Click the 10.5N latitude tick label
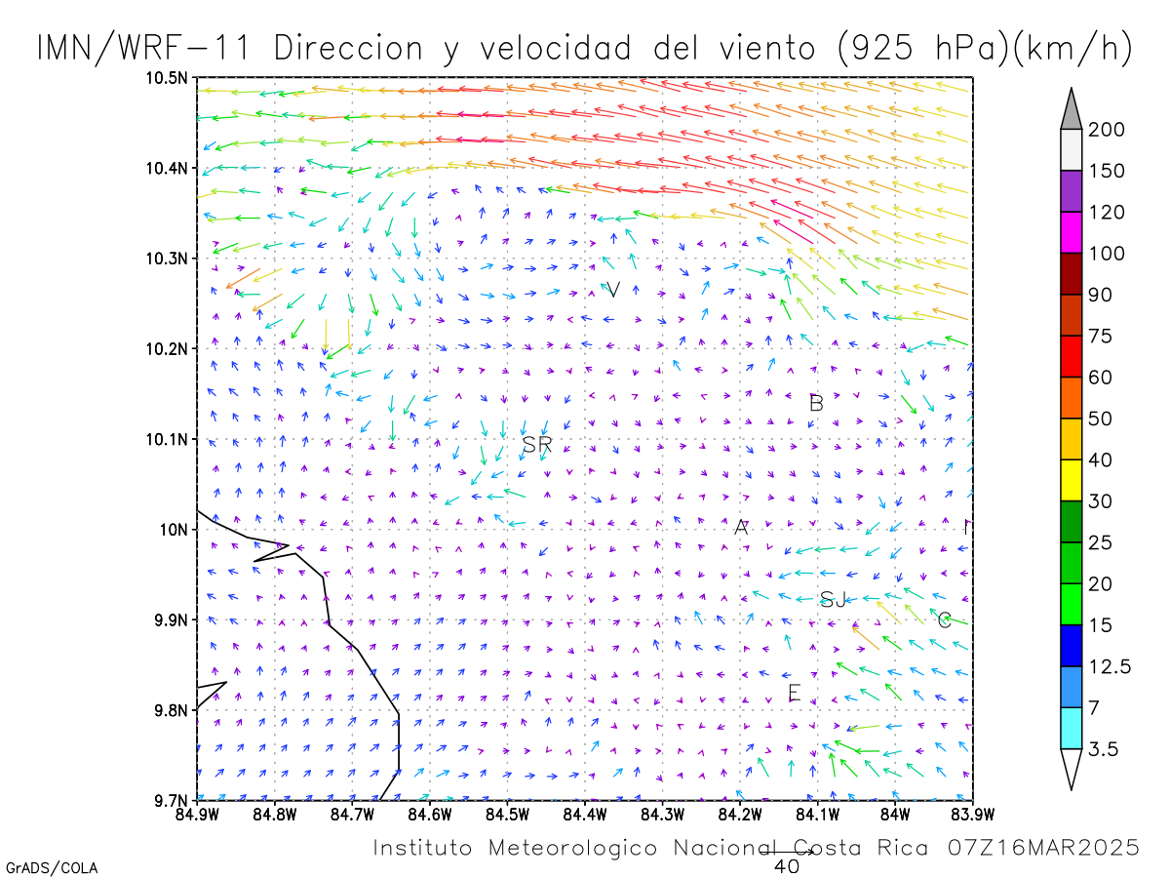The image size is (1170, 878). [x=167, y=78]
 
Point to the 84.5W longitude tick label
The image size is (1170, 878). [x=507, y=815]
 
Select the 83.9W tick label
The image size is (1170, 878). [x=973, y=815]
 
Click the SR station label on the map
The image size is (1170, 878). [x=537, y=444]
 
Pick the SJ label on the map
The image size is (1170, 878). [x=833, y=600]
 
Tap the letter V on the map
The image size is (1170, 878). [x=613, y=290]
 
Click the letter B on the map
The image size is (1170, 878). [x=816, y=403]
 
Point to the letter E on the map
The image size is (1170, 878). [x=795, y=693]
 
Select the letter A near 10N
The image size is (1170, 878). [x=741, y=527]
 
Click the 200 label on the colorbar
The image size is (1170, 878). [x=1106, y=130]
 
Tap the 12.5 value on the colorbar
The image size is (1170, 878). [x=1110, y=666]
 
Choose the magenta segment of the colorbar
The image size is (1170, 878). [x=1071, y=232]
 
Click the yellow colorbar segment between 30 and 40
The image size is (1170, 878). [x=1071, y=480]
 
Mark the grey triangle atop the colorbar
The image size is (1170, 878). [x=1071, y=108]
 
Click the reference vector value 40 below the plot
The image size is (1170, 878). [x=786, y=866]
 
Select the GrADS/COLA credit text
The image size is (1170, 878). [x=52, y=868]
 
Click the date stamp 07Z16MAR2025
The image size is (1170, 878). [x=1043, y=847]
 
